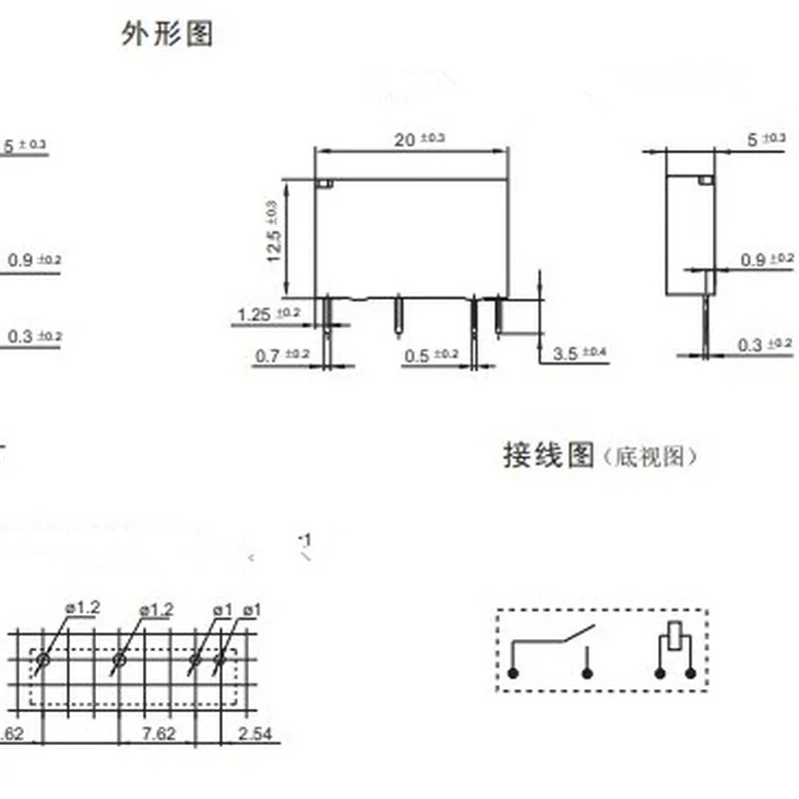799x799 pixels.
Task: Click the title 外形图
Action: pos(167,35)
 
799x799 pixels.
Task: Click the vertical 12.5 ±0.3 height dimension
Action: pos(273,232)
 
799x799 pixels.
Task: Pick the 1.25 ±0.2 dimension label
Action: pos(268,316)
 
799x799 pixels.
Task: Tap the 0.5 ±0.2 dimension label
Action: pos(430,354)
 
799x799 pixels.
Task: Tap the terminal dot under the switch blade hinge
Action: pos(512,674)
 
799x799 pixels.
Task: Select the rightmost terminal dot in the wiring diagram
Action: pos(690,674)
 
